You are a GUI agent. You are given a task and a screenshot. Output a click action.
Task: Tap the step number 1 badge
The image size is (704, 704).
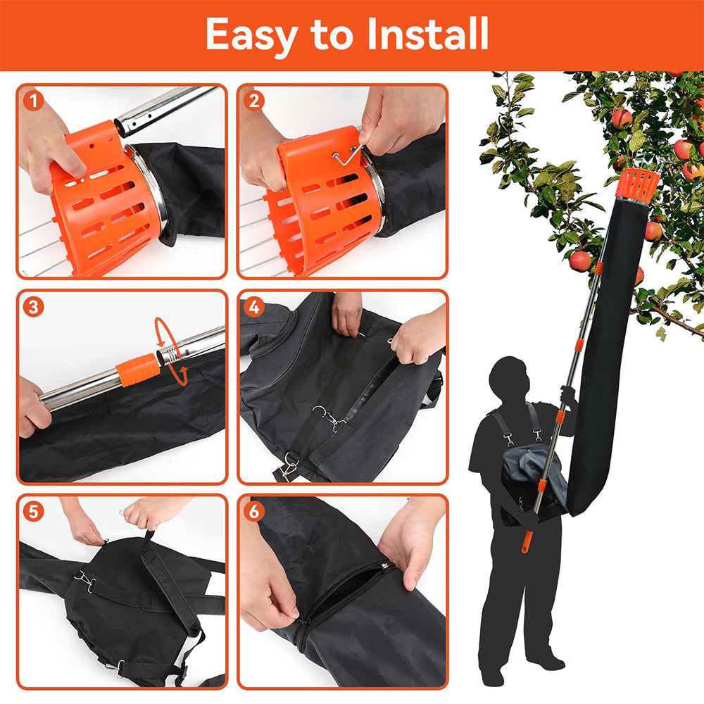(32, 101)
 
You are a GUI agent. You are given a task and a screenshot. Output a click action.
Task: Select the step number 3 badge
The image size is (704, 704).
(32, 307)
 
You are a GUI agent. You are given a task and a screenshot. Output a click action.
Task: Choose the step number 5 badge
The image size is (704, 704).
(32, 510)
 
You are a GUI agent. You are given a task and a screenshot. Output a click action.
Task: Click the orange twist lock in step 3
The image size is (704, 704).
(139, 370)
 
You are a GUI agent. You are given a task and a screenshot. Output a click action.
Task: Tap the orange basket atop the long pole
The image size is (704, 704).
(638, 184)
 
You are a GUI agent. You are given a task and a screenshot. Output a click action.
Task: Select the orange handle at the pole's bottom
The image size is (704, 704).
(527, 541)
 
